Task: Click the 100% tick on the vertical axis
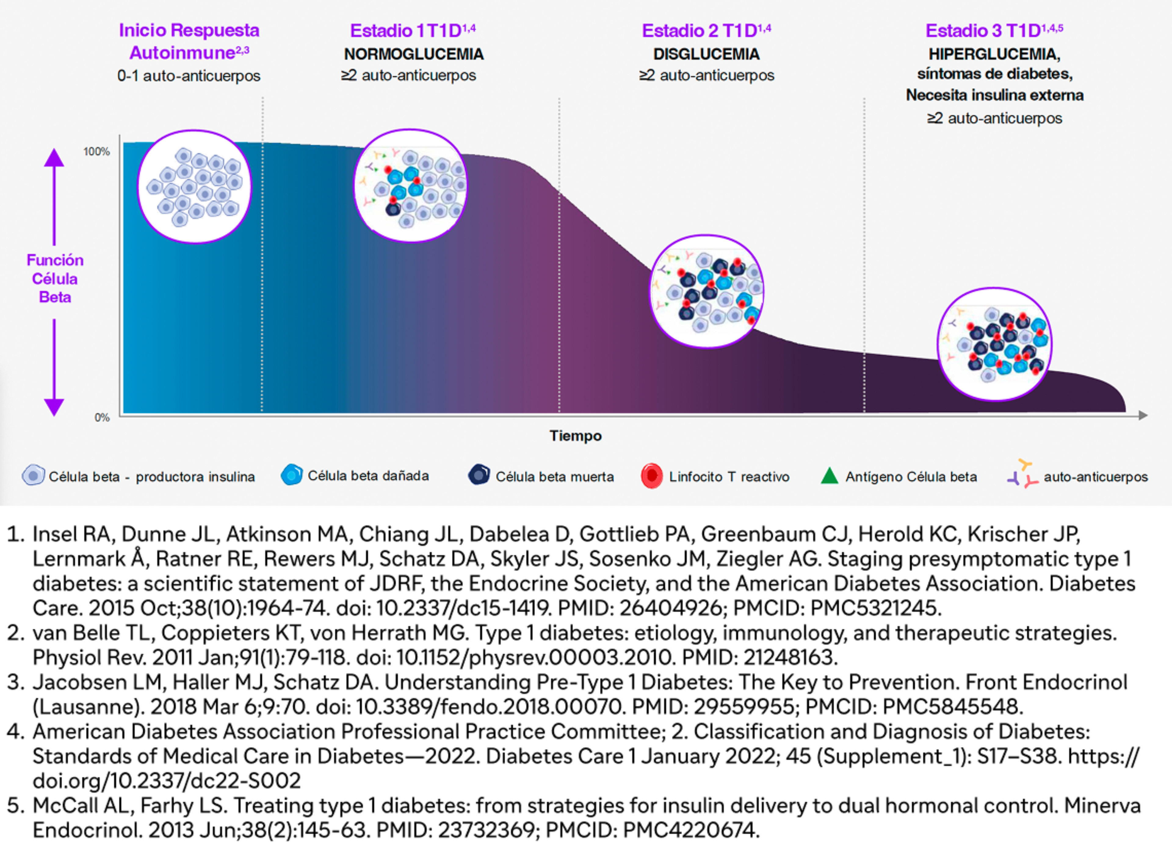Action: coord(97,151)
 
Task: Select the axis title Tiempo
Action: coord(576,436)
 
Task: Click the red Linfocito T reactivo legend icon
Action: coord(652,476)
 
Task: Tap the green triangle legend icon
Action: coord(829,476)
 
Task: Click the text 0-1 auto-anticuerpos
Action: coord(189,76)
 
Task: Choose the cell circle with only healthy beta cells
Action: coord(194,186)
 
